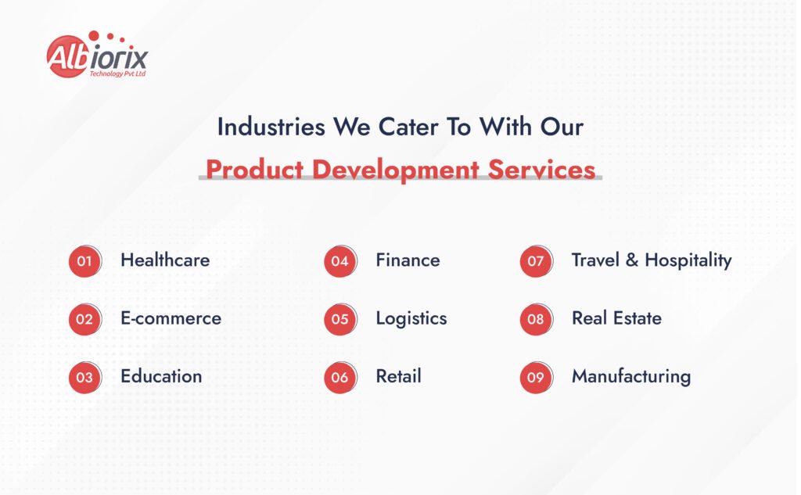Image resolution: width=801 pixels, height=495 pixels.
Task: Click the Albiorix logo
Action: [97, 55]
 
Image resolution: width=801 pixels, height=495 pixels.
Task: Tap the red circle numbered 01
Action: [84, 261]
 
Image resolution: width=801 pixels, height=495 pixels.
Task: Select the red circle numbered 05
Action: [340, 319]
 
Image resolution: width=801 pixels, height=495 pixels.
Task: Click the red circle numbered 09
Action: [536, 378]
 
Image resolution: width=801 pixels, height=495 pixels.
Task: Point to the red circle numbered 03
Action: [84, 378]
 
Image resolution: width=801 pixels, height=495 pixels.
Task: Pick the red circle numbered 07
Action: [536, 261]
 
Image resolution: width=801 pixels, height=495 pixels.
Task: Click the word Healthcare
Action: [165, 260]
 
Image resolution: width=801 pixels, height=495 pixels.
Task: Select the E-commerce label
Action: [171, 318]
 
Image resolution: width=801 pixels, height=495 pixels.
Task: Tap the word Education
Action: [161, 376]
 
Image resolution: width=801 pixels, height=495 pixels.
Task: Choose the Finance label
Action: [408, 260]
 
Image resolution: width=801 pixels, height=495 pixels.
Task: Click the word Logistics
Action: [411, 319]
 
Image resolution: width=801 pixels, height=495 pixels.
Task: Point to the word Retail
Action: [398, 376]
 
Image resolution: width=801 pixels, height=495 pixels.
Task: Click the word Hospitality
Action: [688, 261]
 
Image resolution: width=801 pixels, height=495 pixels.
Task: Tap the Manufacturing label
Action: [631, 377]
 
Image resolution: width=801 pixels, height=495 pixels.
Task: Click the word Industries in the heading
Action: [271, 127]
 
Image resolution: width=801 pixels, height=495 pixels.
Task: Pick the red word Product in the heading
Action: [254, 170]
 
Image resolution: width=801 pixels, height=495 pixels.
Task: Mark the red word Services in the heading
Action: [541, 170]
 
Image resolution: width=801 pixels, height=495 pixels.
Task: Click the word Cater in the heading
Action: [408, 127]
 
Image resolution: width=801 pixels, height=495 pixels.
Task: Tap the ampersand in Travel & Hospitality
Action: [632, 260]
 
